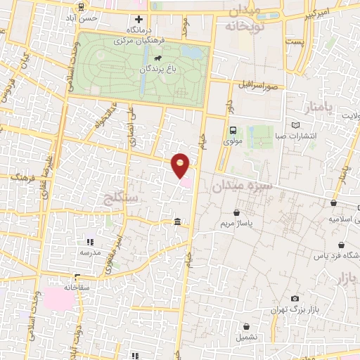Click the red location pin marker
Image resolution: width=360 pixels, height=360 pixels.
point(181,165)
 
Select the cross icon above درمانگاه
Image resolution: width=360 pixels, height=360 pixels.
point(139,19)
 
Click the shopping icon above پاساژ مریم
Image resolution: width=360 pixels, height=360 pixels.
point(238,212)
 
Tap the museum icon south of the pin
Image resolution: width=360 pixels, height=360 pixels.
point(176,222)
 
